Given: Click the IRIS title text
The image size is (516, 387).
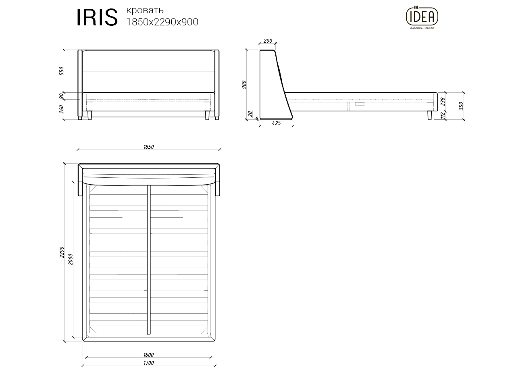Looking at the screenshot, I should (x=97, y=17).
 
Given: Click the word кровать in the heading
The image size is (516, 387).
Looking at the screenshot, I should (x=145, y=10).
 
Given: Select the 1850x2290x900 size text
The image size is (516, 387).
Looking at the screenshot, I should (x=162, y=22).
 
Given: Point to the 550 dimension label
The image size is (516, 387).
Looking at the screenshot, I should (x=62, y=71).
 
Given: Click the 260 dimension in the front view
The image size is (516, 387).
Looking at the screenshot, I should (x=62, y=109).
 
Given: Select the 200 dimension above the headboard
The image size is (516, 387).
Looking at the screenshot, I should (x=268, y=41).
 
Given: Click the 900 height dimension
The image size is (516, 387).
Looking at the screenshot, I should (x=244, y=85).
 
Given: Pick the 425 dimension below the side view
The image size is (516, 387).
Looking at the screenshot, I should (x=276, y=123).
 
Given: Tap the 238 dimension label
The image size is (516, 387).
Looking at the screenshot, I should (x=443, y=101).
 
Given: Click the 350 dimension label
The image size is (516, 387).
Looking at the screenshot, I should (x=461, y=106).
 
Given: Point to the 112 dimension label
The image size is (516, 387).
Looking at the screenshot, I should (x=443, y=116).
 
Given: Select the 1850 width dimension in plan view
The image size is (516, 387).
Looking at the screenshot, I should (x=148, y=147).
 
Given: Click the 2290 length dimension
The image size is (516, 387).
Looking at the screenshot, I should (x=62, y=252).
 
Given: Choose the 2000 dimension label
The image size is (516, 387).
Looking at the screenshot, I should (x=71, y=259).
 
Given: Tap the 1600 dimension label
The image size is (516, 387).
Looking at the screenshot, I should (x=148, y=355).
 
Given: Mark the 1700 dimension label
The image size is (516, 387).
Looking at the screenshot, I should (x=148, y=363).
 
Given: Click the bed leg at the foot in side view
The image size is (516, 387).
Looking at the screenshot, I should (x=429, y=116).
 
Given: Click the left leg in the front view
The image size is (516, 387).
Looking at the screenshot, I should (x=89, y=116).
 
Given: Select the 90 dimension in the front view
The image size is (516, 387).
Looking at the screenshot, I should (x=62, y=96).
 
